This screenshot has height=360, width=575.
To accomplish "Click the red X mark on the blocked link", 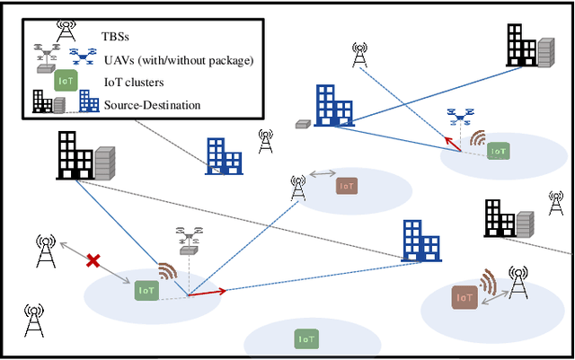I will (92, 261).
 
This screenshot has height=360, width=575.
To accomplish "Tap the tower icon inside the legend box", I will (66, 29).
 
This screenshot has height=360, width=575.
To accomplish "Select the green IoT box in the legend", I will (66, 81).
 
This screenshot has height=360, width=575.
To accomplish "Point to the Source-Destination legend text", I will (151, 105).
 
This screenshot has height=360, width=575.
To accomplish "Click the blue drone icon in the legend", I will (88, 57).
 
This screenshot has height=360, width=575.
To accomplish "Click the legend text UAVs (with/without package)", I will (176, 60).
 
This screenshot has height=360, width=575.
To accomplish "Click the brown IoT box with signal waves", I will (464, 296).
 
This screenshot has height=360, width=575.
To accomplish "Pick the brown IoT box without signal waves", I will (347, 186).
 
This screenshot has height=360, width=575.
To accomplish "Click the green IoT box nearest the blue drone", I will (498, 152).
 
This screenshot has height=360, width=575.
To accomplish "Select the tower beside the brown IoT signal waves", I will (517, 285).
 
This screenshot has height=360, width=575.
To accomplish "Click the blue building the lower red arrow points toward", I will (420, 241).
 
